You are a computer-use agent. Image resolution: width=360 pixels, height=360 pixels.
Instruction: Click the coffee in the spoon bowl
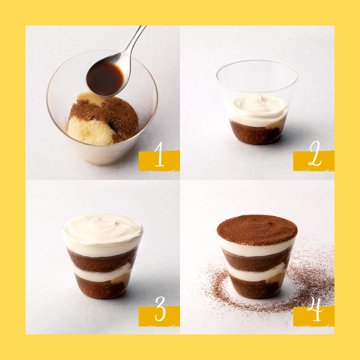coord(105,79)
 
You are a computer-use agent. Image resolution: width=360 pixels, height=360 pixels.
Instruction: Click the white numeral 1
coord(159,154)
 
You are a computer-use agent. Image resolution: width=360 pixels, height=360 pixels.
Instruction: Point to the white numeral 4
coord(315,309)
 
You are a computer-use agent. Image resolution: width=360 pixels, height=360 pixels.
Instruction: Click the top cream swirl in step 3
coord(102,230)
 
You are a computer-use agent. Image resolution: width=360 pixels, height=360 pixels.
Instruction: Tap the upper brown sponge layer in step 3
coord(102,261)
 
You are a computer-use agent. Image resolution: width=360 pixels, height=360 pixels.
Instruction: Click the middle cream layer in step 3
coord(101,274)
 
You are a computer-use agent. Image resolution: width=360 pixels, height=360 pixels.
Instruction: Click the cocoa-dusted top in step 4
coord(257,230)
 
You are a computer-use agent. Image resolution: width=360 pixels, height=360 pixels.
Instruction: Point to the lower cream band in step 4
coord(256,274)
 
